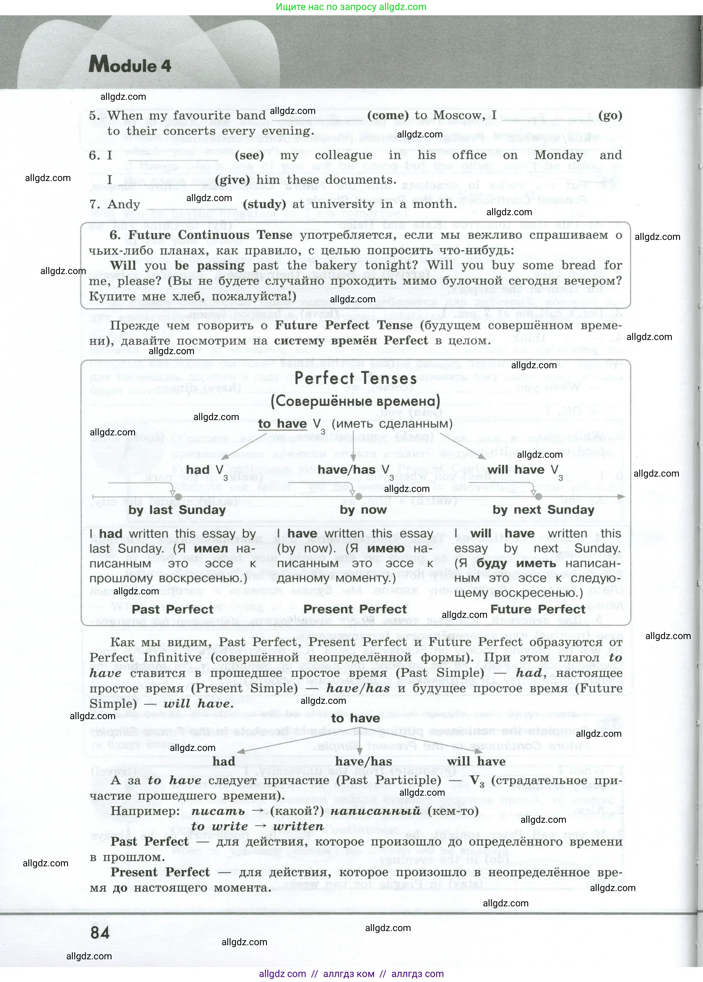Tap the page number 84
(x=100, y=932)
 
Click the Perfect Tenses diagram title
(x=355, y=379)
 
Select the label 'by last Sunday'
(x=177, y=510)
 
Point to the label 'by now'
(x=363, y=510)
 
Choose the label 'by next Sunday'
(x=543, y=510)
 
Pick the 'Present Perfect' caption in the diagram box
(x=355, y=609)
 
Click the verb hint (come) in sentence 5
(x=388, y=116)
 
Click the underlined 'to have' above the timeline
(x=282, y=424)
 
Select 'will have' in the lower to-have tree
(x=476, y=761)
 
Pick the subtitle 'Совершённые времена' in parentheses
(x=355, y=401)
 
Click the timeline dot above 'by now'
(x=358, y=497)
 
